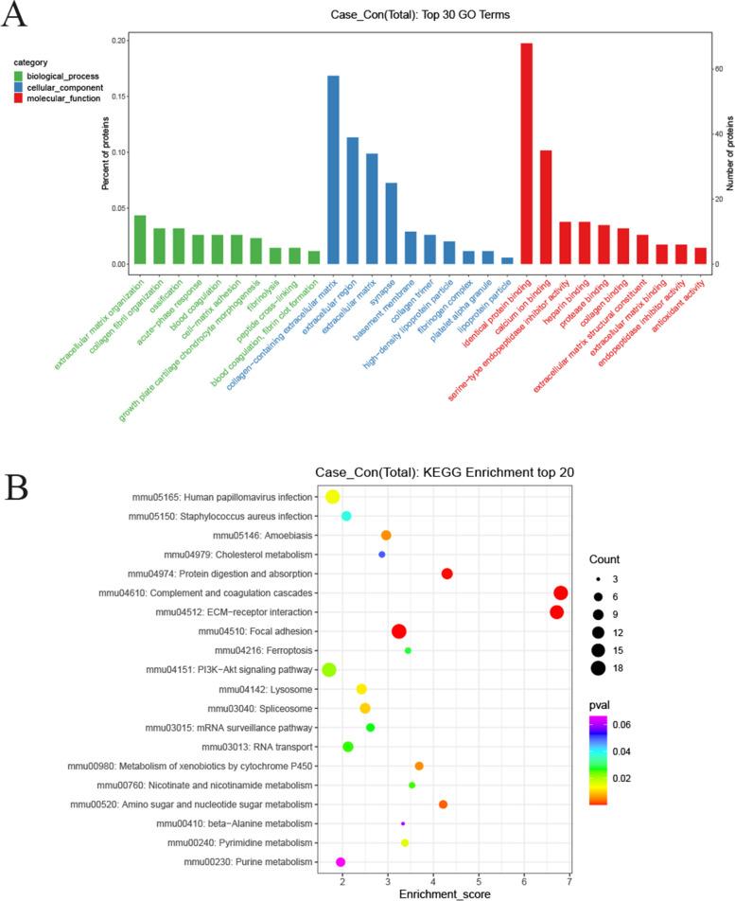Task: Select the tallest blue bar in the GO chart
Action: point(333,169)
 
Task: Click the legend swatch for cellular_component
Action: point(19,87)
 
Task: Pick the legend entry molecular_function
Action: point(63,98)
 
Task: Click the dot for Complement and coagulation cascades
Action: point(561,592)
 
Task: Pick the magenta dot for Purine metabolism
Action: point(341,862)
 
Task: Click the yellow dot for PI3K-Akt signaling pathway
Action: point(329,670)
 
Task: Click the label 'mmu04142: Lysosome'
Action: point(268,689)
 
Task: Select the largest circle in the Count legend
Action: point(598,669)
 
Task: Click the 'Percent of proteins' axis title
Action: point(105,150)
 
